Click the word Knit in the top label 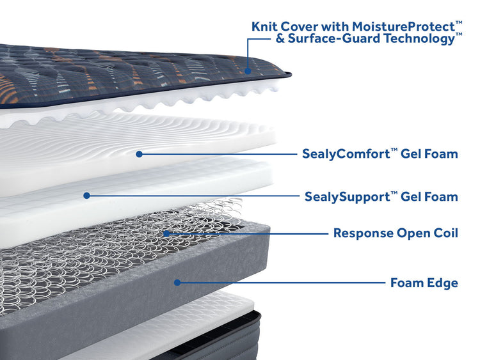265,26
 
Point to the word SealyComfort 342,154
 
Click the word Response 362,233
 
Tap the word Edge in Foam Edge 442,282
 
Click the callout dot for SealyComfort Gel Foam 139,153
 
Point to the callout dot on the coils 166,233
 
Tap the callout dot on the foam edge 177,281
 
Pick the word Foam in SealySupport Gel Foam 442,196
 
